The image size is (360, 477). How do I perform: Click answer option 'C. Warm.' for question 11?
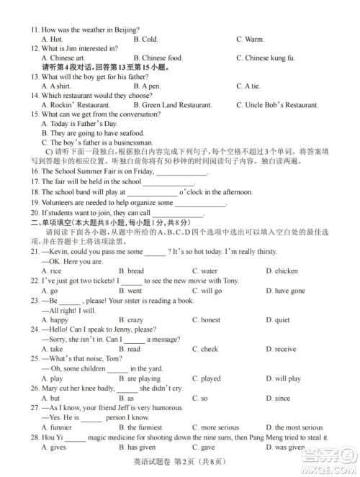point(250,39)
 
